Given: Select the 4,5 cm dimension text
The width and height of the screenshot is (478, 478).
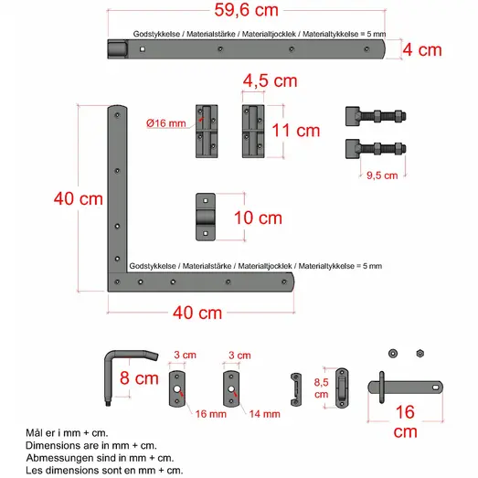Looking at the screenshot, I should (x=271, y=80).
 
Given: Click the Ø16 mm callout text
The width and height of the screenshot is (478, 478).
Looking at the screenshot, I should (x=165, y=122).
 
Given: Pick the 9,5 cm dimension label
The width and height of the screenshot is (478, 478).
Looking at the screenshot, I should (x=381, y=175).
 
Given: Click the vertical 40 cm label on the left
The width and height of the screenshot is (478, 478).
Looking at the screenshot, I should (x=79, y=198).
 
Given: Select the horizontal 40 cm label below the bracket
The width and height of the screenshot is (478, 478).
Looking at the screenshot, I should (x=197, y=312).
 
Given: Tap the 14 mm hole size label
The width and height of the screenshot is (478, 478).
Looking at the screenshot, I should (x=264, y=413).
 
